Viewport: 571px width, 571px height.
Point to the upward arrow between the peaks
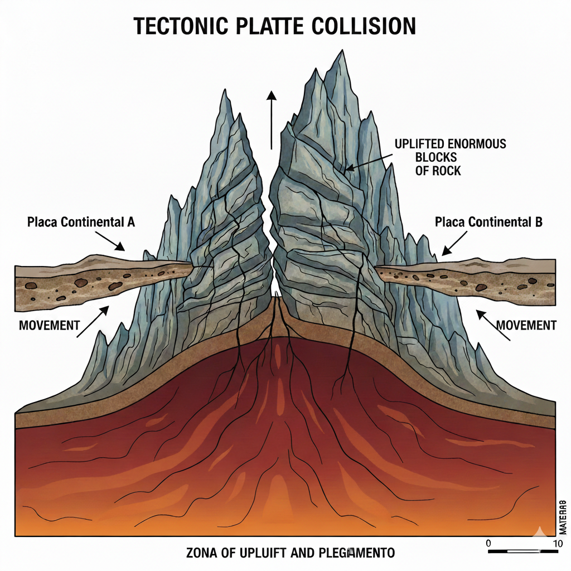272,119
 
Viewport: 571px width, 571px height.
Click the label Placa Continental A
81,222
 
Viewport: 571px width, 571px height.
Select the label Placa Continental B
488,222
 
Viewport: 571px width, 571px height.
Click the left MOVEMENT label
49,325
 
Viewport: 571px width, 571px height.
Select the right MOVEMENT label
526,325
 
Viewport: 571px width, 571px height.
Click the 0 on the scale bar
488,543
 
